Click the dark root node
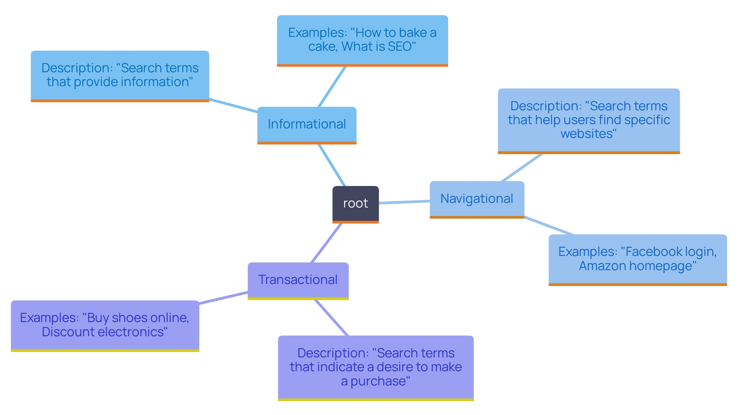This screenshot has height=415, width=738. (356, 204)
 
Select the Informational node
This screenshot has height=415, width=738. (307, 124)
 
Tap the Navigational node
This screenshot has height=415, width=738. (477, 199)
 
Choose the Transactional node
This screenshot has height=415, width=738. (298, 280)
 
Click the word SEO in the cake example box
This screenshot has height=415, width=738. (400, 46)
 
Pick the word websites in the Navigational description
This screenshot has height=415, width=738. (587, 134)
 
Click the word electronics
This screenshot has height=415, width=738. (133, 332)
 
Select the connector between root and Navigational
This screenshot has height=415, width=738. (404, 202)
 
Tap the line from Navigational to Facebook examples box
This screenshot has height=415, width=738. (549, 226)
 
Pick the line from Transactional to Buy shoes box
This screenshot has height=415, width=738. (223, 298)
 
